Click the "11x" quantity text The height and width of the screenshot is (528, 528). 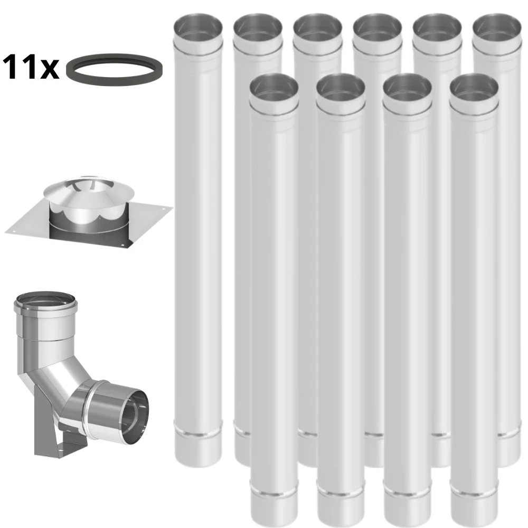31,68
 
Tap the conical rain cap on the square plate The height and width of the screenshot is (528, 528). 88,191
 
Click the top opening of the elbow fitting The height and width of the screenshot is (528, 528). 45,301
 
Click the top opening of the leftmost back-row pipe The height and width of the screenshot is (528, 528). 198,27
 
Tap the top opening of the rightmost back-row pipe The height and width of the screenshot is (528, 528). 497,27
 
